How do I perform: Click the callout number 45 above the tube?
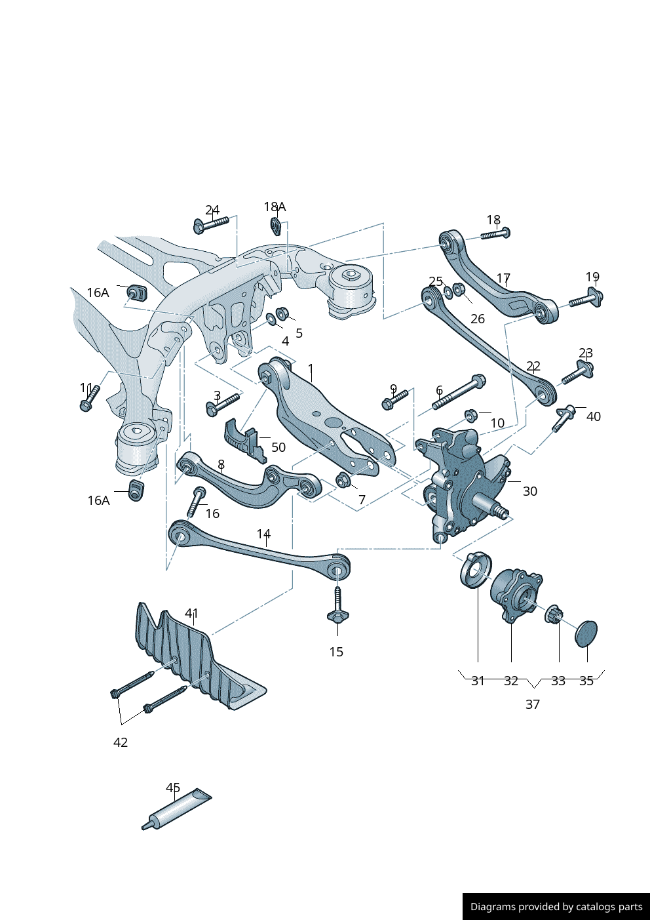coord(173,788)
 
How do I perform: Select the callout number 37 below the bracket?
coord(533,704)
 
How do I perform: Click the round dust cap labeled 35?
coord(586,633)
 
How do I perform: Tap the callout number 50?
coord(278,447)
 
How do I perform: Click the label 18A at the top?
coord(275,207)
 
